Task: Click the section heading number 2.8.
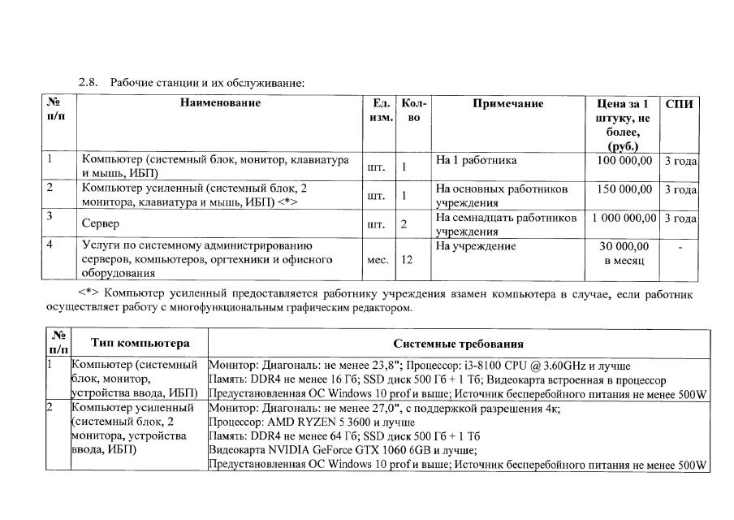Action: coord(88,83)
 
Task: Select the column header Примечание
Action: coord(507,103)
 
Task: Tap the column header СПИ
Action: coord(679,103)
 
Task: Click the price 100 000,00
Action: coord(624,161)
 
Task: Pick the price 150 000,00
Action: coord(624,189)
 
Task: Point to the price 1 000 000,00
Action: coord(624,218)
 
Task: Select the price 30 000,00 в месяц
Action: coord(624,253)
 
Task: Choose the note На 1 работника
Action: coord(476,161)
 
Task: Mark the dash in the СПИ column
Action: coord(680,246)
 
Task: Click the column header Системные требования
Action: coord(459,344)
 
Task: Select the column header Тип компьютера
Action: coord(140,343)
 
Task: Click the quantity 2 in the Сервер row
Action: coord(404,223)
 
